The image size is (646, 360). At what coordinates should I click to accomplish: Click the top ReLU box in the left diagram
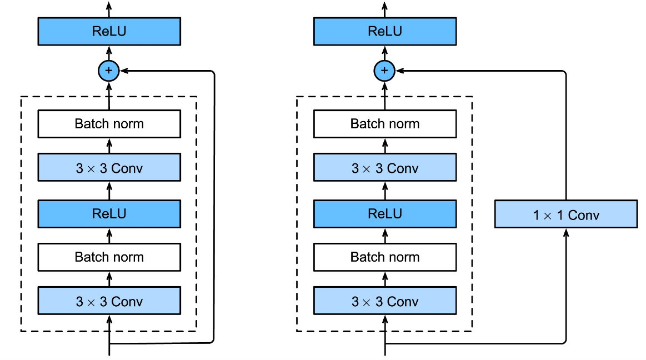109,31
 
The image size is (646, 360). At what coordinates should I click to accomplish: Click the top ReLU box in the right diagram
385,31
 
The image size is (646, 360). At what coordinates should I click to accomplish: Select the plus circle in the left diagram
109,71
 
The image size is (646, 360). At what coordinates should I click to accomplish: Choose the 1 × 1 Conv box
565,215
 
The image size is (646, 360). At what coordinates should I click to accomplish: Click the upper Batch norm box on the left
109,123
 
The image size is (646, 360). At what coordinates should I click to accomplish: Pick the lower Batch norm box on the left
109,257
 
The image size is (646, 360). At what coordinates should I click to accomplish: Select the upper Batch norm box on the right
385,123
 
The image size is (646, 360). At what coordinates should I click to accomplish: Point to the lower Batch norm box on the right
385,257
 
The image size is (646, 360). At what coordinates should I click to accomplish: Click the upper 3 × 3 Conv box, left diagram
109,168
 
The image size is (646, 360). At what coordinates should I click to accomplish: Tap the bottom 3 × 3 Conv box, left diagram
109,301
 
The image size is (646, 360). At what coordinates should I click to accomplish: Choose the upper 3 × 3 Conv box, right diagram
385,168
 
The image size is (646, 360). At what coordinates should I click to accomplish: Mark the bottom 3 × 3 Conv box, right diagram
385,301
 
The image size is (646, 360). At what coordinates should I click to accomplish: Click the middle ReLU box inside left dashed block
109,214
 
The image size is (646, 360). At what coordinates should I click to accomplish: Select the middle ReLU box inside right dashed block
385,214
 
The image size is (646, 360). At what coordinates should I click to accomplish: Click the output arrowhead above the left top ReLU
109,5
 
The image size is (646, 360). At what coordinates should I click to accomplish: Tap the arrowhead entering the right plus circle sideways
400,71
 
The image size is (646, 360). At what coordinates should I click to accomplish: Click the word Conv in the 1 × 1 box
583,215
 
